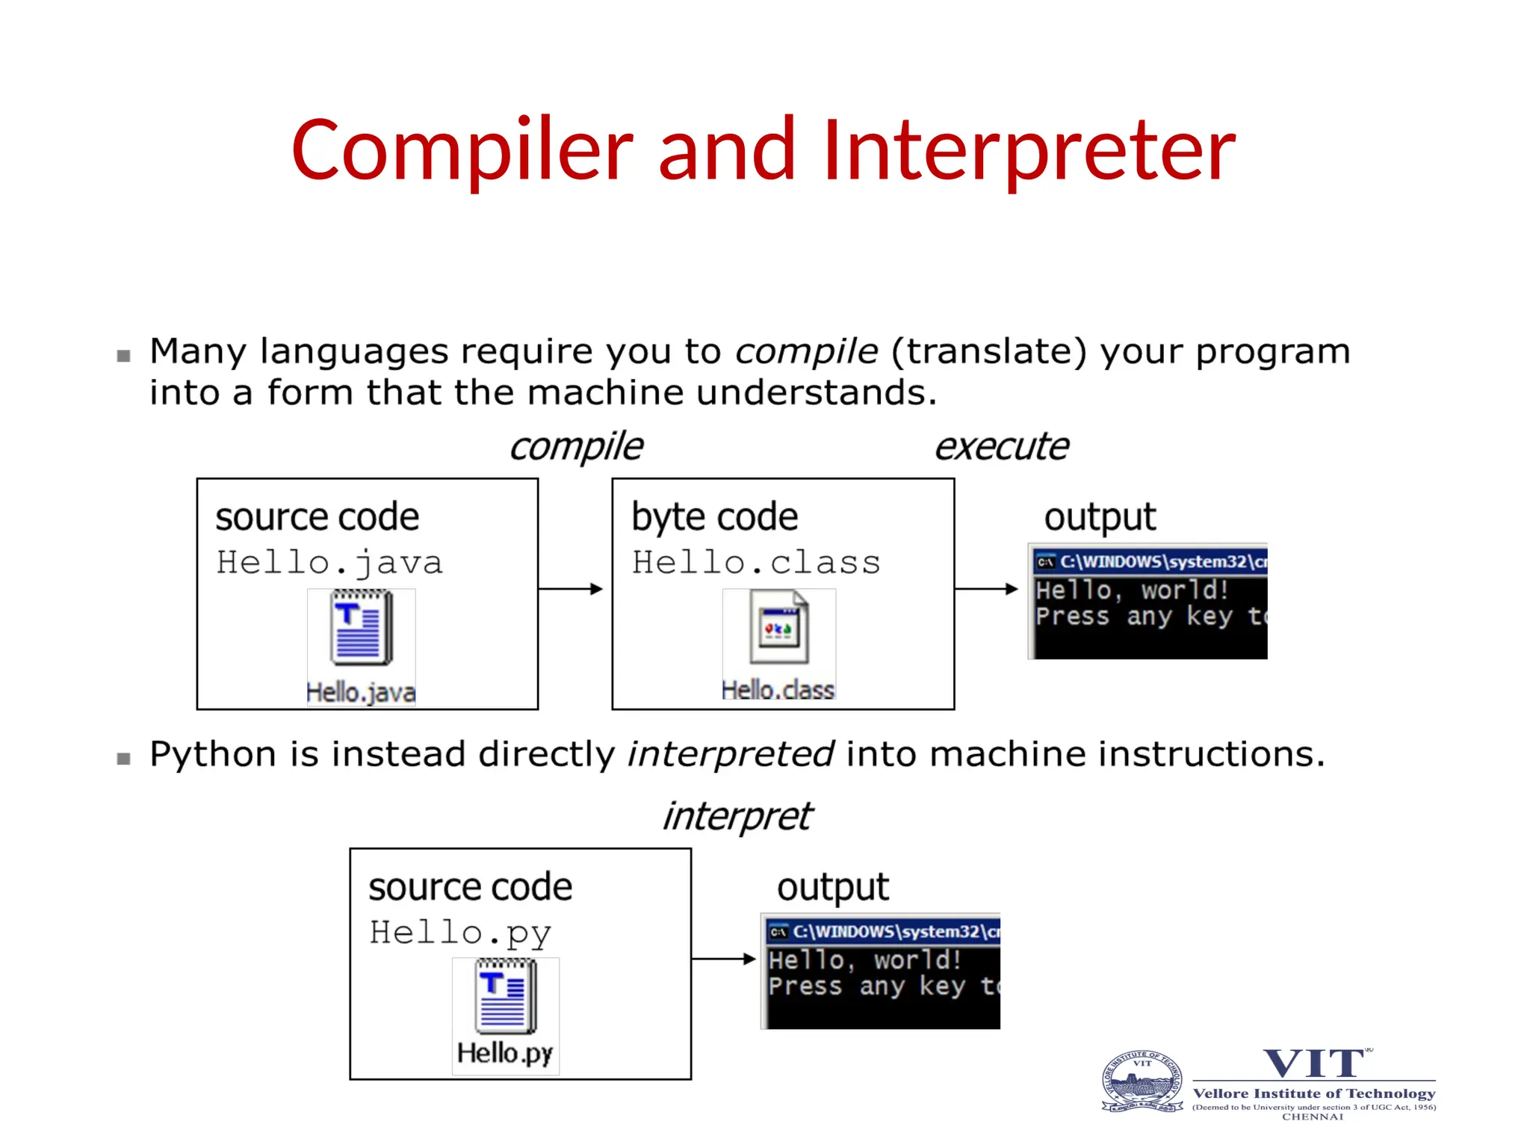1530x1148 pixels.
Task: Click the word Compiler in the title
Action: coord(462,151)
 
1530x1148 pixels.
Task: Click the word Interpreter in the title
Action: coord(1029,151)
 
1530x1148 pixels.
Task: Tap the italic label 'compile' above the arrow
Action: coord(576,447)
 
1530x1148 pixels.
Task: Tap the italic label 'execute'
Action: coord(1001,447)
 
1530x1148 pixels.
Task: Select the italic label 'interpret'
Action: coord(737,815)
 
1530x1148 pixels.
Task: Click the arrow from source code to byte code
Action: coord(571,589)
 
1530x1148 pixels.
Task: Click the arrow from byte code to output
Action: coord(986,589)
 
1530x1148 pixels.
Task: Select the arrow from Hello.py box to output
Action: coord(723,959)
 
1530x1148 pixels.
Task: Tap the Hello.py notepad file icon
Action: coord(506,996)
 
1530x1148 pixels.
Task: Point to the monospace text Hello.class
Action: coord(756,563)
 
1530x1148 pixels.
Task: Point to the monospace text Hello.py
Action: coord(460,933)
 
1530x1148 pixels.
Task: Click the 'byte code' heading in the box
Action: coord(714,517)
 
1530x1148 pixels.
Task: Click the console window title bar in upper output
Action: coord(1150,561)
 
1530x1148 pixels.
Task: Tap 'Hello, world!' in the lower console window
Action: coord(864,960)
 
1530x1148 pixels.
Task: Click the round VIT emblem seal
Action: coord(1142,1081)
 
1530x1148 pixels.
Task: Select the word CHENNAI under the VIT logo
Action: coord(1313,1117)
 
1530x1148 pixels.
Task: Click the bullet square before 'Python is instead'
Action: coord(124,759)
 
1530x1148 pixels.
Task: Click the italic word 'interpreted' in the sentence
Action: coord(730,754)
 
